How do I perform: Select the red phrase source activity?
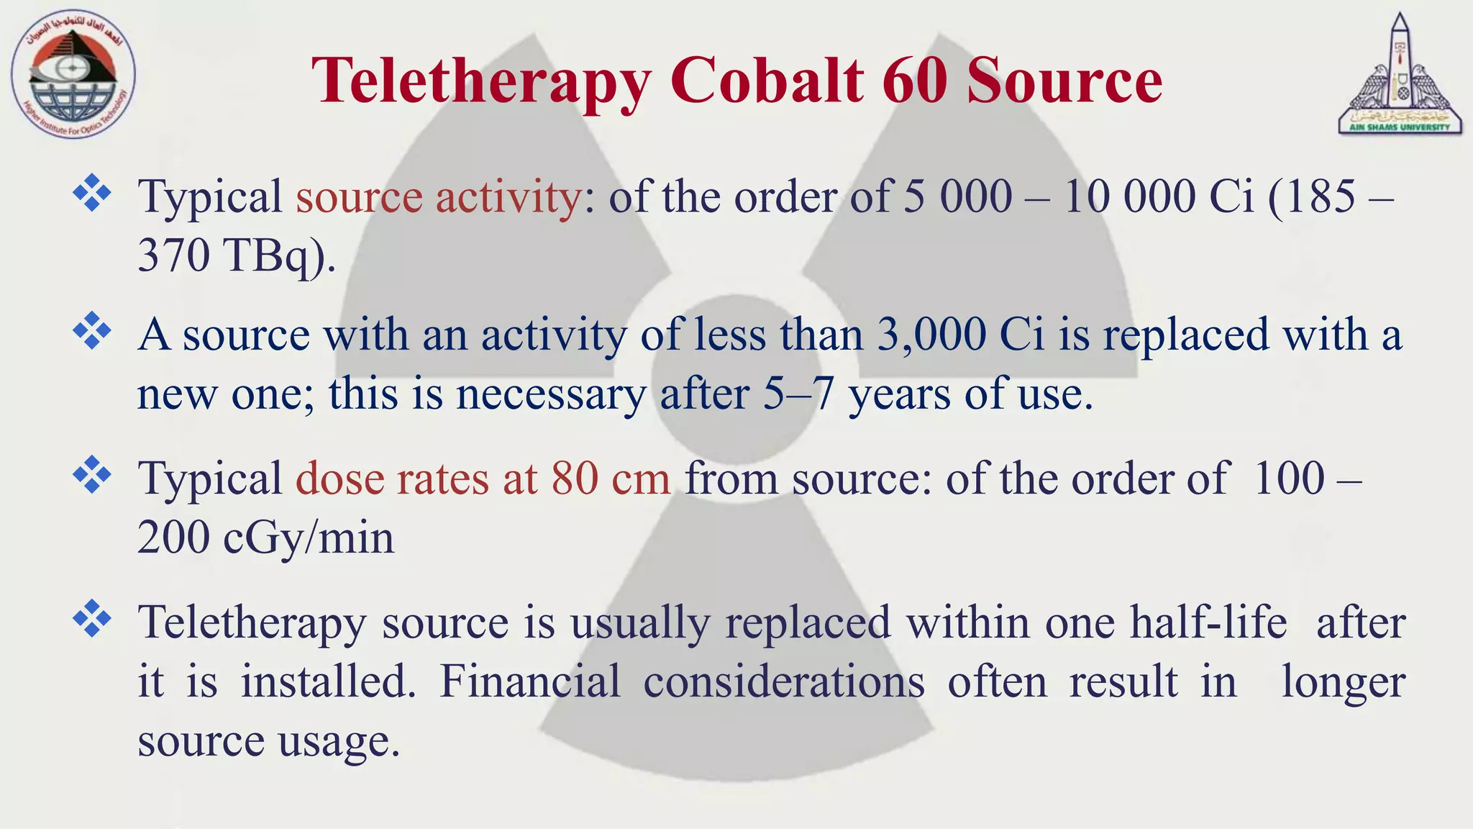[438, 196]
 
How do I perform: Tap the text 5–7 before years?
[798, 394]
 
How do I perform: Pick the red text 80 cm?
[611, 479]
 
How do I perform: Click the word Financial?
[530, 681]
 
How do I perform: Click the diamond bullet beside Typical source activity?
[92, 193]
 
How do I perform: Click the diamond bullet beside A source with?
[92, 332]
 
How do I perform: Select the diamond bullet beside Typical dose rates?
[92, 475]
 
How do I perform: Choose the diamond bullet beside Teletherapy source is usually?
[92, 618]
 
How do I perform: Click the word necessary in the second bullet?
[551, 394]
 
